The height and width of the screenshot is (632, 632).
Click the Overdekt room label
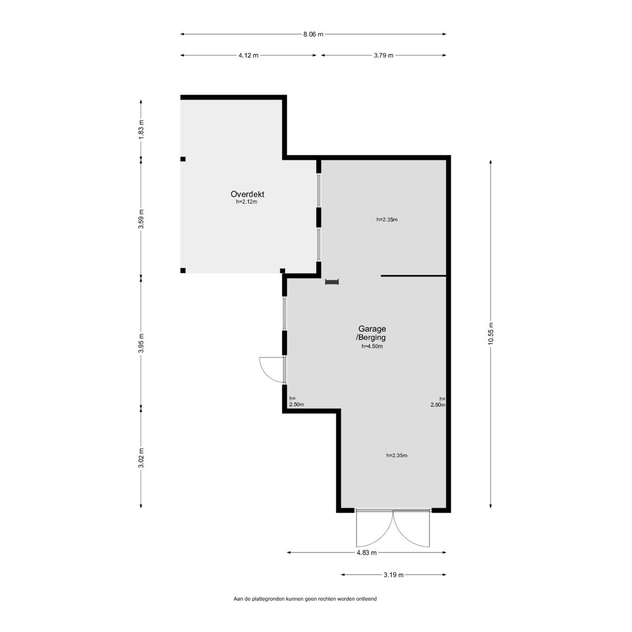point(247,194)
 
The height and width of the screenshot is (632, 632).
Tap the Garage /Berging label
point(372,332)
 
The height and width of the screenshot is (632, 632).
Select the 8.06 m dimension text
point(313,34)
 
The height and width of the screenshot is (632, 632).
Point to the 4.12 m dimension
point(248,55)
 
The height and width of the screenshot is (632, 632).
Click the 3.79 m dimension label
point(383,55)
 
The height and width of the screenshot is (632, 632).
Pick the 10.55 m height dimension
point(491,333)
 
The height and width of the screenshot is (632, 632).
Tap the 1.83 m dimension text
point(141,129)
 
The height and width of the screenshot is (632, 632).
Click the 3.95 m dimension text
point(141,343)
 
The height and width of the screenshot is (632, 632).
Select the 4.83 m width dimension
point(367,552)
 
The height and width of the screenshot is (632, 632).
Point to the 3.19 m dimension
point(393,575)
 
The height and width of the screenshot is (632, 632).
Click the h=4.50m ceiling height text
point(372,346)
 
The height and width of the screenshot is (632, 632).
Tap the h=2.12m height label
point(246,202)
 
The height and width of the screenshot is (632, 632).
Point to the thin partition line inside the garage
point(413,276)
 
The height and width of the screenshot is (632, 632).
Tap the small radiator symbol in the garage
point(332,282)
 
